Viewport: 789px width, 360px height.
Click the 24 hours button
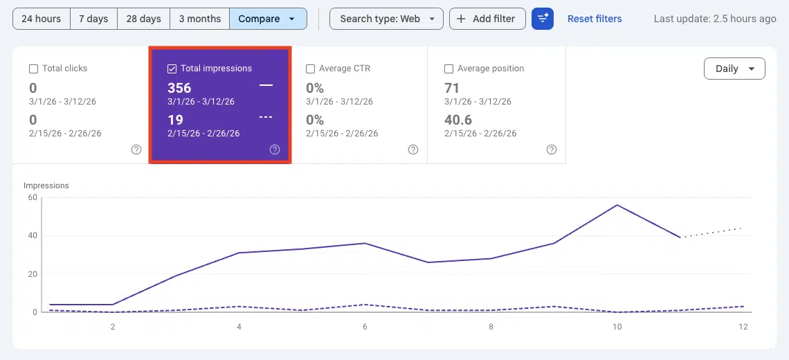pyautogui.click(x=42, y=19)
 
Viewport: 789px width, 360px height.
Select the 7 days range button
pyautogui.click(x=93, y=19)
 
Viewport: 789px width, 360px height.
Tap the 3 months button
pyautogui.click(x=199, y=19)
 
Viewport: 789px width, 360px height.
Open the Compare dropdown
pyautogui.click(x=267, y=19)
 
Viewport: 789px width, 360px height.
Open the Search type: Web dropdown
pyautogui.click(x=386, y=19)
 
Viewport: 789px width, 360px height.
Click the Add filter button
pyautogui.click(x=487, y=19)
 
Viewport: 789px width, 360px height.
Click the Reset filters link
pyautogui.click(x=595, y=19)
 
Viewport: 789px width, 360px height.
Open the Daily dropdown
pyautogui.click(x=734, y=69)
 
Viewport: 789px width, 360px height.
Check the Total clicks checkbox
pyautogui.click(x=33, y=69)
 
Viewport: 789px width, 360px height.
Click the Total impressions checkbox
pyautogui.click(x=172, y=69)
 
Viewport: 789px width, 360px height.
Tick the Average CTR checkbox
pyautogui.click(x=310, y=69)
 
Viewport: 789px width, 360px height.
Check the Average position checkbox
pyautogui.click(x=448, y=69)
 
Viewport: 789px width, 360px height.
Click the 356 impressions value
pyautogui.click(x=179, y=88)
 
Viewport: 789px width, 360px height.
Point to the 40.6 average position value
pyautogui.click(x=458, y=120)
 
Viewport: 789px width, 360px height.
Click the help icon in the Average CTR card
pyautogui.click(x=413, y=150)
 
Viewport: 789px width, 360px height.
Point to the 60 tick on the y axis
pyautogui.click(x=32, y=197)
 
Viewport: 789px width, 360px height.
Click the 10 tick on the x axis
pyautogui.click(x=617, y=326)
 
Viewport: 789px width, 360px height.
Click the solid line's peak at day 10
pyautogui.click(x=617, y=205)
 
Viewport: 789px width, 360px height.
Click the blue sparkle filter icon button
pyautogui.click(x=543, y=19)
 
